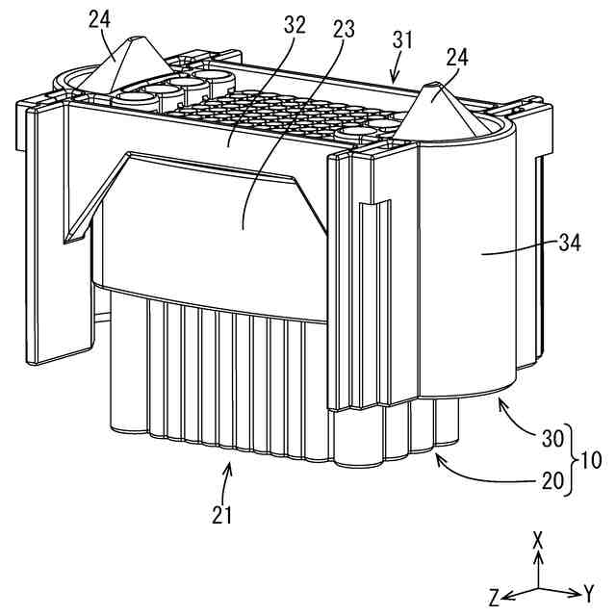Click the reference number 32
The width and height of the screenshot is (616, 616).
click(x=294, y=27)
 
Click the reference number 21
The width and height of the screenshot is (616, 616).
click(x=223, y=514)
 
